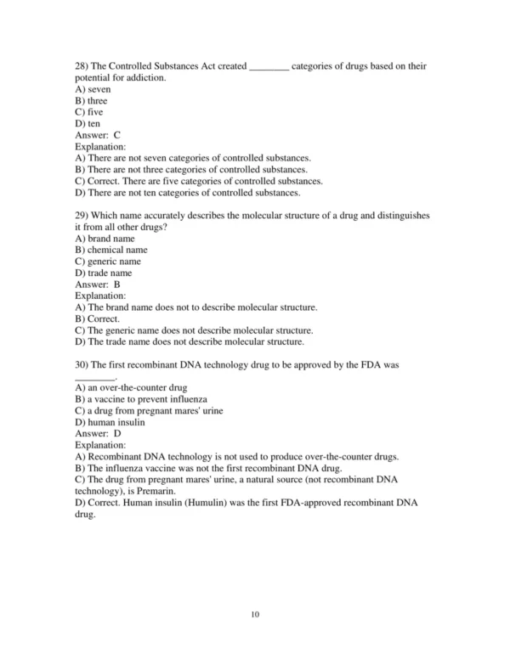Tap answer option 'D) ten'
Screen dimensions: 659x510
coord(88,123)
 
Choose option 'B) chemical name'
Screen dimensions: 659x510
coord(110,251)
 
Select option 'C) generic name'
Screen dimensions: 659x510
coord(108,262)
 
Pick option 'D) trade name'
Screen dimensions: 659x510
coord(103,273)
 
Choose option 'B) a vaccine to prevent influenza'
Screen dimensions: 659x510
coord(141,399)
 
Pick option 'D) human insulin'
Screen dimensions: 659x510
coord(110,422)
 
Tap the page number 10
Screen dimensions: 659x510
coord(254,616)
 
